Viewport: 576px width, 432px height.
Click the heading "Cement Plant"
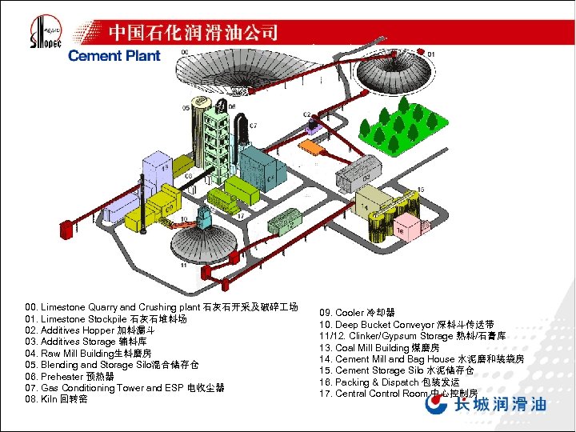pyautogui.click(x=114, y=56)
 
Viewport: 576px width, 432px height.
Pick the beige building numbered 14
pyautogui.click(x=373, y=205)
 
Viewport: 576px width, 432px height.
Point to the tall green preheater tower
pyautogui.click(x=212, y=140)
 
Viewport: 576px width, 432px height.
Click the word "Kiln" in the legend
pyautogui.click(x=52, y=398)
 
